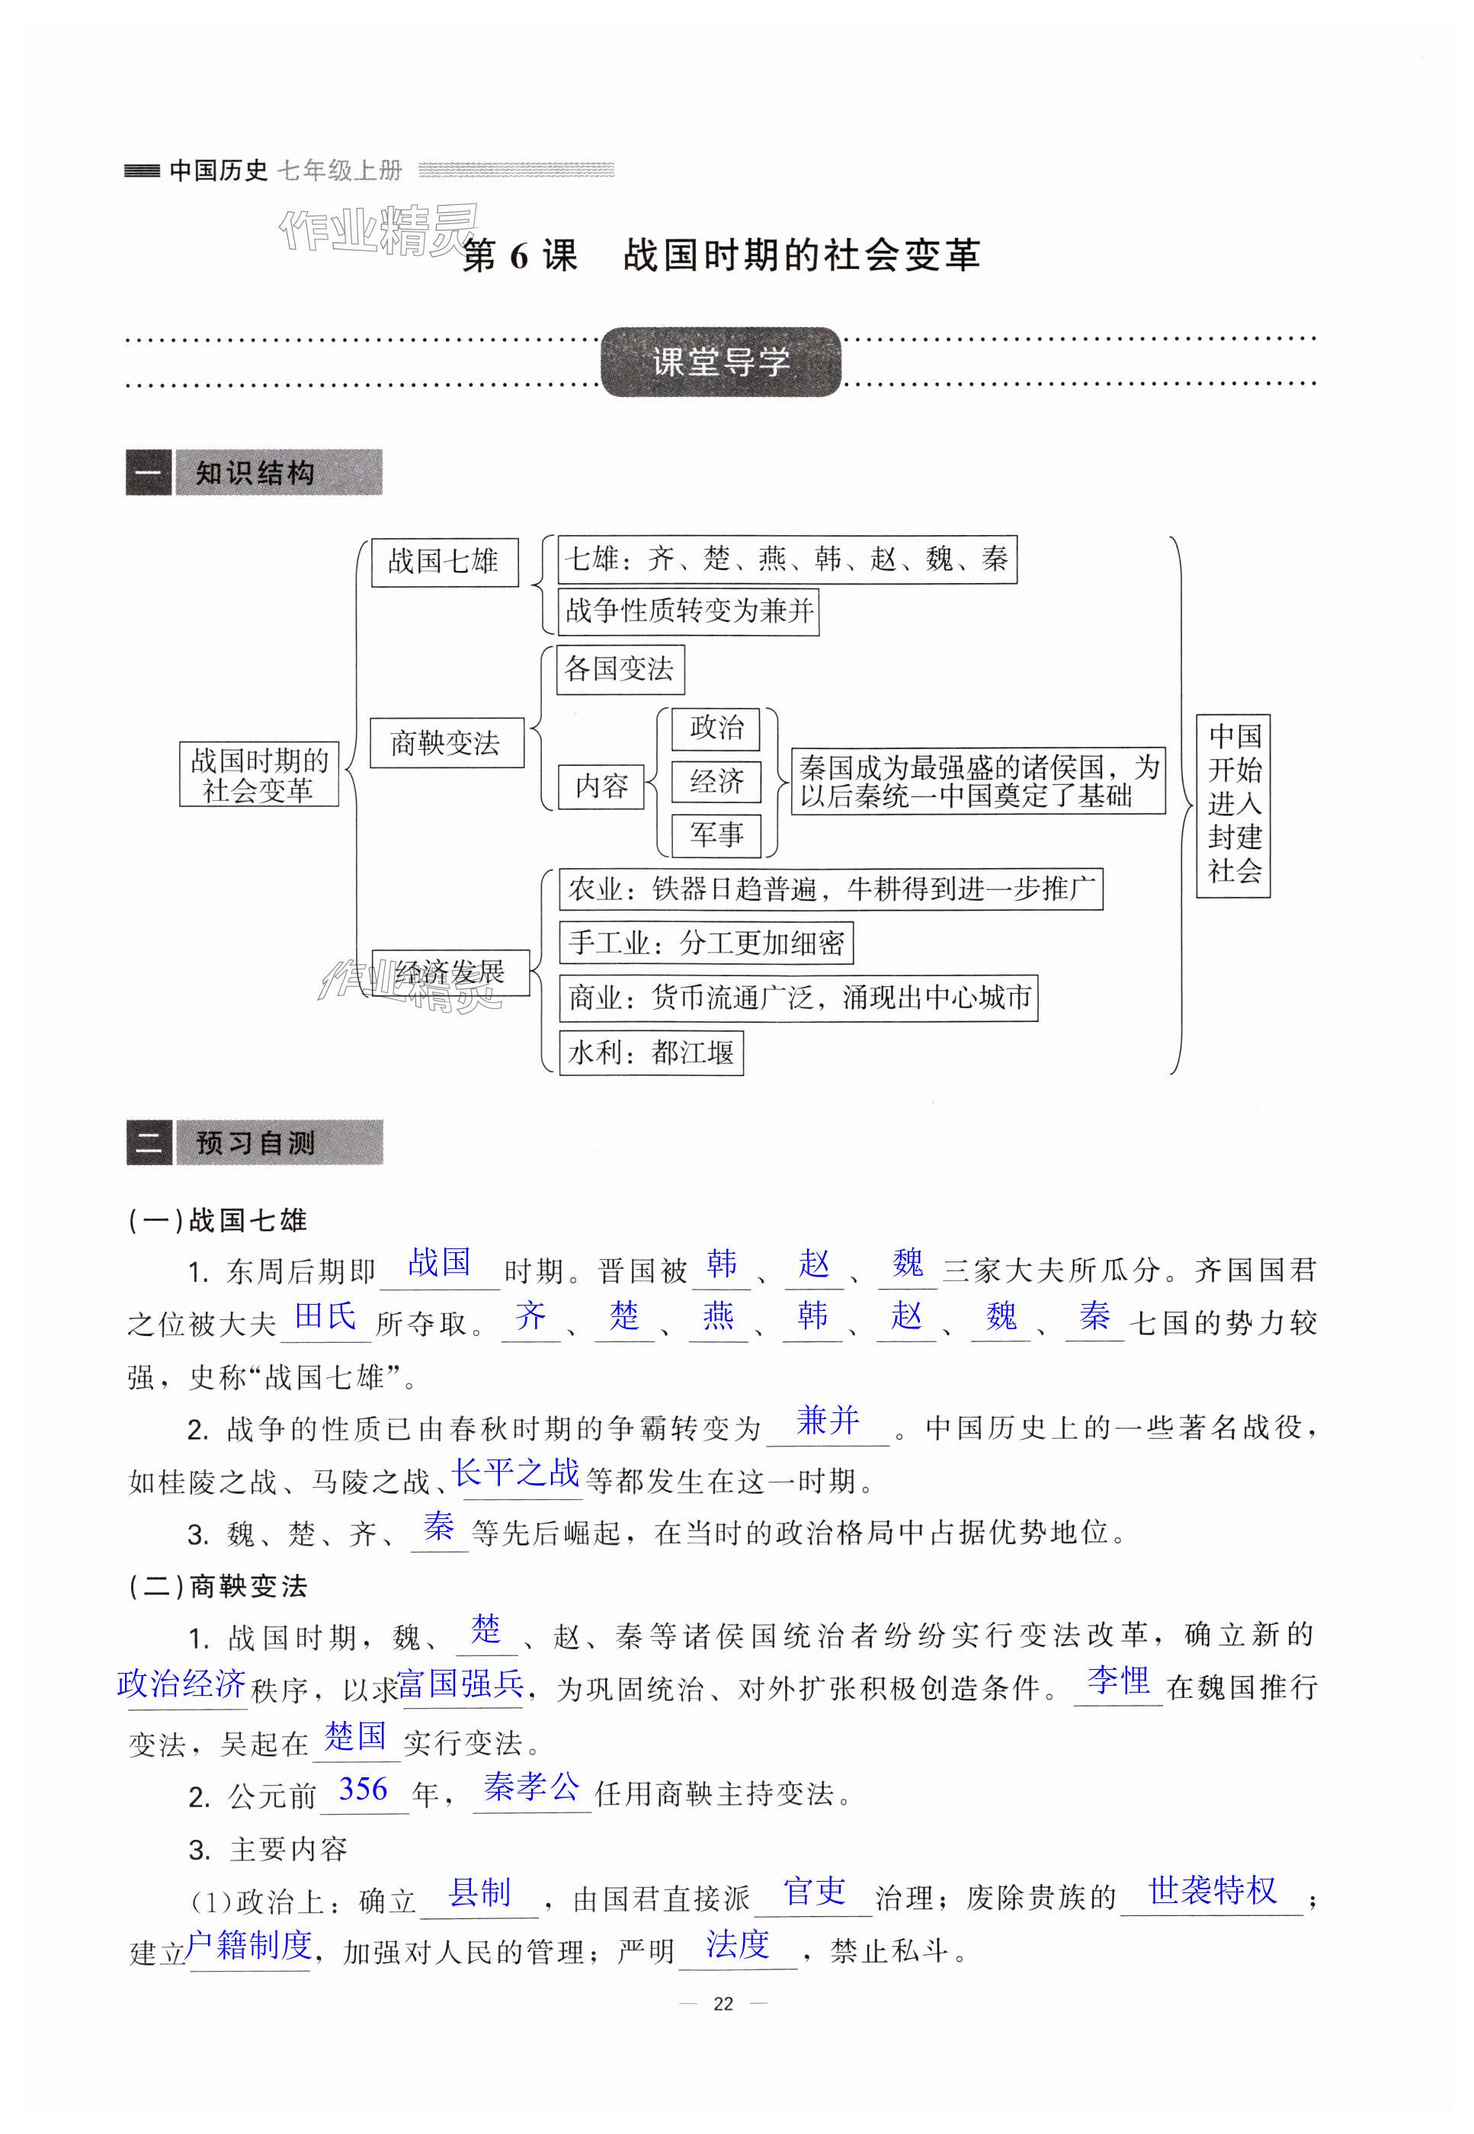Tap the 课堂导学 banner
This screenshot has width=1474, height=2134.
pos(720,362)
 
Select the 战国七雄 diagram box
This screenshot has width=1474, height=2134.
pos(444,562)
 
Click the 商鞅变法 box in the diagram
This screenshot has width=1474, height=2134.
pos(446,743)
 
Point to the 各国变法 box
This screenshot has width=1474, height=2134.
pos(619,669)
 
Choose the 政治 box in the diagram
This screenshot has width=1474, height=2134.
pos(716,729)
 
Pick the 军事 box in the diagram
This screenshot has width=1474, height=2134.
pos(716,835)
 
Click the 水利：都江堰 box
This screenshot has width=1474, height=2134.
pos(650,1053)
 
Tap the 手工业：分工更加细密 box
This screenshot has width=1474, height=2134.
pos(706,943)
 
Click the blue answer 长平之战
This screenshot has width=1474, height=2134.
pos(515,1472)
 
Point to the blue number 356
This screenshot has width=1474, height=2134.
pos(363,1790)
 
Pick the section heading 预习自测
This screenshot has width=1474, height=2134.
pos(255,1143)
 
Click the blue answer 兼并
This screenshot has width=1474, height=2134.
pos(828,1419)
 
